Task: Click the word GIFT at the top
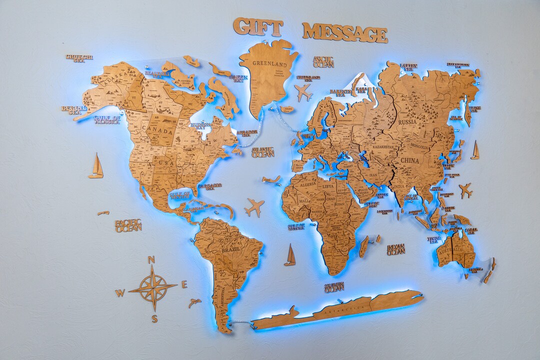(x=258, y=27)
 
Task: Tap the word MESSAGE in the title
(x=344, y=32)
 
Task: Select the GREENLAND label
(x=269, y=64)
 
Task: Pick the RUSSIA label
(x=407, y=121)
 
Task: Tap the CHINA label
(x=409, y=160)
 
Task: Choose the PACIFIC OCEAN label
(x=128, y=225)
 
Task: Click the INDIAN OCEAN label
(x=395, y=249)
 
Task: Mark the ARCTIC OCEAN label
(x=323, y=62)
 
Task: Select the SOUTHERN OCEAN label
(x=334, y=287)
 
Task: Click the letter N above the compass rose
(x=151, y=259)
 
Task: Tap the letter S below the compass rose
(x=154, y=318)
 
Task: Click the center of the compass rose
(x=153, y=288)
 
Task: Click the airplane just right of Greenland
(x=303, y=92)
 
